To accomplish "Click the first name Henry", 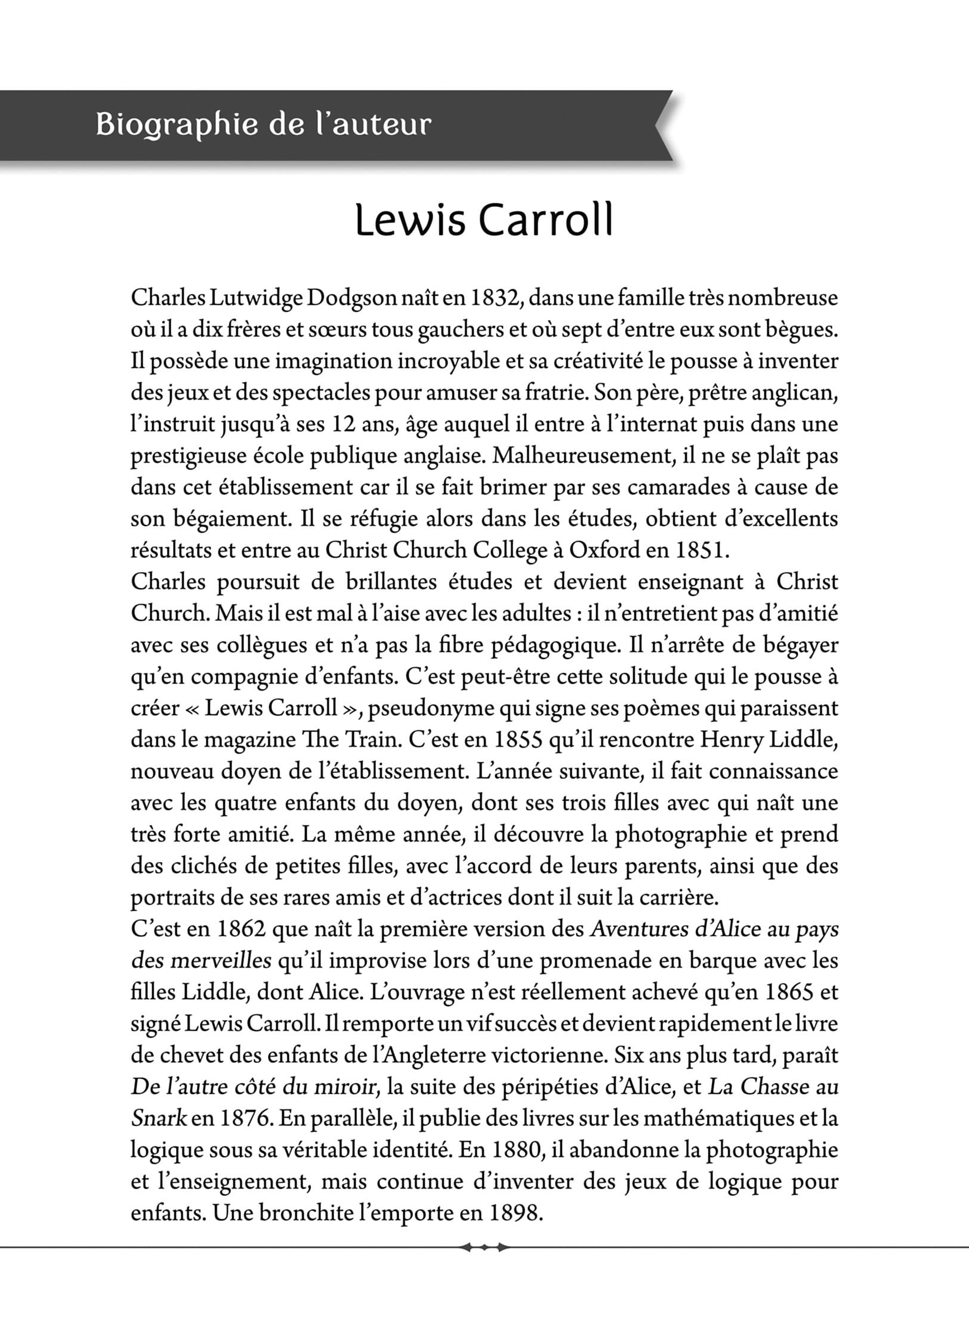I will pyautogui.click(x=734, y=740).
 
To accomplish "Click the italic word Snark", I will pyautogui.click(x=159, y=1118).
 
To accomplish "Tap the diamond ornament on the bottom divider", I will pyautogui.click(x=483, y=1247).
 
